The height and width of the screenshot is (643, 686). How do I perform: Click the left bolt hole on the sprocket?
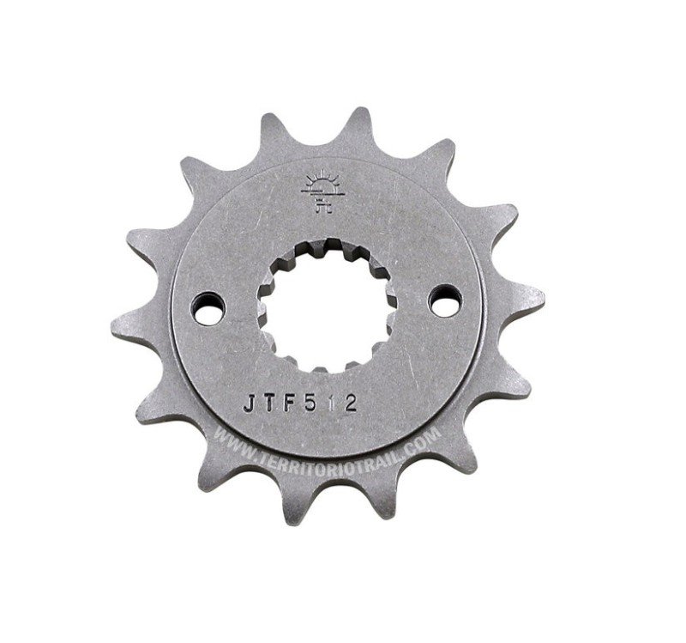click(208, 309)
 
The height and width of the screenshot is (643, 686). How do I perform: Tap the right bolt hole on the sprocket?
click(445, 300)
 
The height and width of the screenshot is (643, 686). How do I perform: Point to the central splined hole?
click(327, 306)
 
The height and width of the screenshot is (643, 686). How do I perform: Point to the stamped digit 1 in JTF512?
click(330, 403)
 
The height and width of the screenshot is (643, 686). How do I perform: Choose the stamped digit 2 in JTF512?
click(350, 402)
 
